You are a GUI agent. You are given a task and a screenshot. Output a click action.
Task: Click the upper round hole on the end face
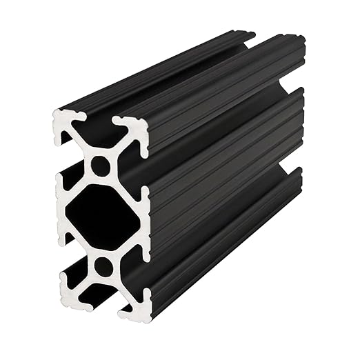[101, 166]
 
